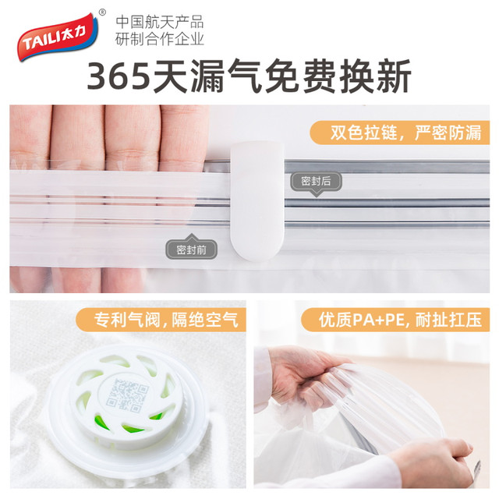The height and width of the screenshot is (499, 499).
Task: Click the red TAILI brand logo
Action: (58, 37)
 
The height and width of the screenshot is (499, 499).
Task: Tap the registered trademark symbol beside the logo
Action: (102, 12)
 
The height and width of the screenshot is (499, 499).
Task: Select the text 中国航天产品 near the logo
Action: (159, 23)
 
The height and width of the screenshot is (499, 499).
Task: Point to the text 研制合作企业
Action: (159, 39)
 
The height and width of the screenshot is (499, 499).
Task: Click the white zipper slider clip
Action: (257, 201)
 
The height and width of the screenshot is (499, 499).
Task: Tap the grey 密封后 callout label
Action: (316, 182)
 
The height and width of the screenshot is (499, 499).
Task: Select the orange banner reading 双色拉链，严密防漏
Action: (400, 133)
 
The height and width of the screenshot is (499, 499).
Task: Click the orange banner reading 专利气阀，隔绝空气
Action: (161, 320)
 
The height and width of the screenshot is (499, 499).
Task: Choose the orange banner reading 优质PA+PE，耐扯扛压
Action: (395, 320)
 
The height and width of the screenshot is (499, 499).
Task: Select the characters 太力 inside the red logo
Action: (73, 33)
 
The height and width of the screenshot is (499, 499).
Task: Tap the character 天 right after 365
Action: (169, 76)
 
